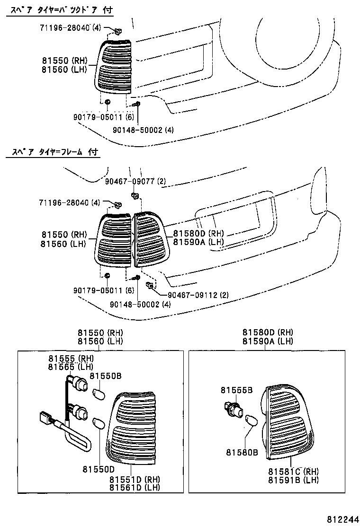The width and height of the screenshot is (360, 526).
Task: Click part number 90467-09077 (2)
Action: pos(135,180)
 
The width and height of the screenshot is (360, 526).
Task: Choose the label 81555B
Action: pos(236,390)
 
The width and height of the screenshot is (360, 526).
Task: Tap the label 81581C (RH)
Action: pos(293,471)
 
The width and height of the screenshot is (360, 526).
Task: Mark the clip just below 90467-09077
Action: pos(135,195)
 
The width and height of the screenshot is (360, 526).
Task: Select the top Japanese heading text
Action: pos(59,9)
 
